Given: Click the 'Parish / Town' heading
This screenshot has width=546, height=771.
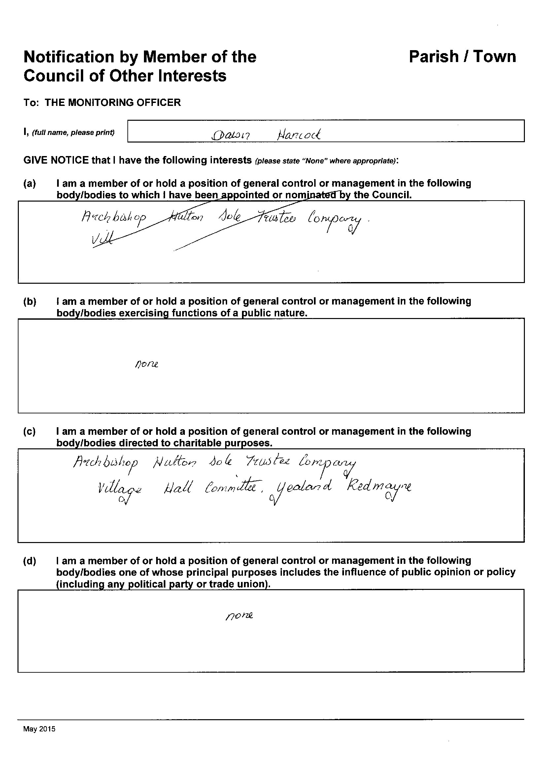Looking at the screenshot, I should coord(462,57).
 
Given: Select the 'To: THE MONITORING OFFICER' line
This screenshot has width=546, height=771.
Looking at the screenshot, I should coord(102,103).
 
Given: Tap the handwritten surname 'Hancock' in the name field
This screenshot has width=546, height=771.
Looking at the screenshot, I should coord(298,135).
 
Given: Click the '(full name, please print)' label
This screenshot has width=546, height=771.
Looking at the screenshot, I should coord(73,133).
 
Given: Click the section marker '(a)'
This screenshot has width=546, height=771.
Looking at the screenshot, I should coord(30,184).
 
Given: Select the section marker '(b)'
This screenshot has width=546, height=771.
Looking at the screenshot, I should coord(30,301).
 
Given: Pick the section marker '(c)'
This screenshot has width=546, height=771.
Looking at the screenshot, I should coord(29,432).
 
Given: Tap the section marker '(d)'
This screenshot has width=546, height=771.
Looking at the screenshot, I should coord(30,561).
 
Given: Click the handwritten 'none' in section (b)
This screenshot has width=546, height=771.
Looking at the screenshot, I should coord(146,364).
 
